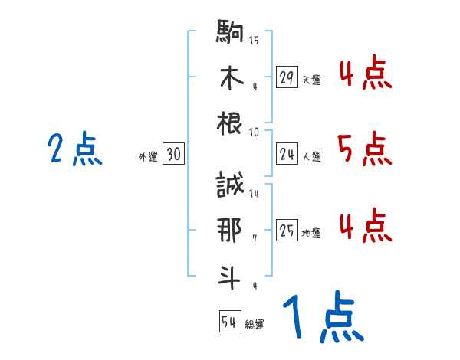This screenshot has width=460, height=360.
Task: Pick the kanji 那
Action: click(x=230, y=231)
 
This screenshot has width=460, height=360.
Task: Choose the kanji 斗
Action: click(x=230, y=277)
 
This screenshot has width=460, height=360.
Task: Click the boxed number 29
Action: click(x=287, y=77)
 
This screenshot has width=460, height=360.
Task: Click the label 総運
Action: click(x=255, y=324)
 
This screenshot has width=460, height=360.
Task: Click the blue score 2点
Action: click(x=74, y=149)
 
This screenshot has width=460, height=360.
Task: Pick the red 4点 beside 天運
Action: click(x=364, y=74)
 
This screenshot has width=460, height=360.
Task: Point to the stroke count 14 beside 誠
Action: click(x=254, y=194)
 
